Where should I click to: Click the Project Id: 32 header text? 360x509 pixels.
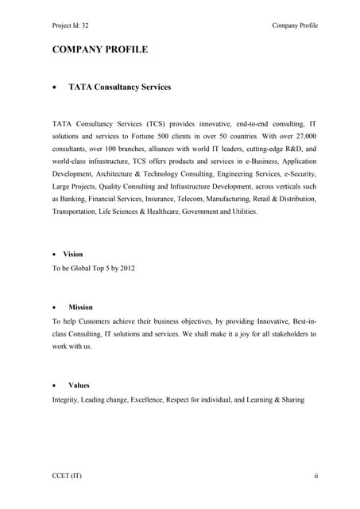pyautogui.click(x=72, y=25)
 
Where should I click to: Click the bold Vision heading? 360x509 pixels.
pyautogui.click(x=73, y=254)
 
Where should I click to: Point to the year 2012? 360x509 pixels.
pyautogui.click(x=124, y=268)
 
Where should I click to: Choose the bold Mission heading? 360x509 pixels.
pyautogui.click(x=80, y=306)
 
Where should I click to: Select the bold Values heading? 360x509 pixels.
pyautogui.click(x=79, y=385)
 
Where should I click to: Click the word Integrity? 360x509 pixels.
pyautogui.click(x=66, y=398)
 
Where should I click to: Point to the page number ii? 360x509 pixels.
pyautogui.click(x=315, y=476)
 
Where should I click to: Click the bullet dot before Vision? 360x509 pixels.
pyautogui.click(x=54, y=254)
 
